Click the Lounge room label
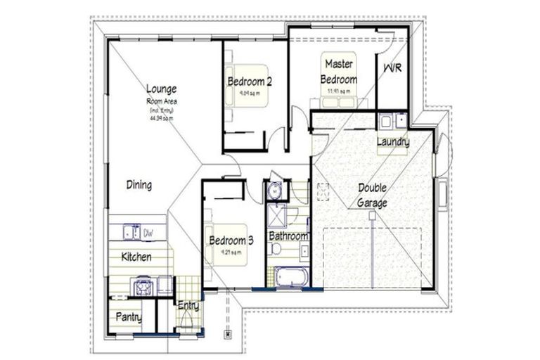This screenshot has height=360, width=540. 161,89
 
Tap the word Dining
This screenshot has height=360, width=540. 139,186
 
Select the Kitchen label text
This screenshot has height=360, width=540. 136,257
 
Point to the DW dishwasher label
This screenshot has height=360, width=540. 148,231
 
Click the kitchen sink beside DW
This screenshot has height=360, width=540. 131,231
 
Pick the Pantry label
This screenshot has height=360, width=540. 128,318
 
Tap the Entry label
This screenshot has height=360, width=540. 188,307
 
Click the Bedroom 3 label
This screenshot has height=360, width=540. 231,240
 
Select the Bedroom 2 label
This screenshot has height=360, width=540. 249,82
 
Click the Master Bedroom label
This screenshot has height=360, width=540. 339,72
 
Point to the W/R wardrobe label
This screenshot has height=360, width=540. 392,68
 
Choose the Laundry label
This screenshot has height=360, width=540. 392,142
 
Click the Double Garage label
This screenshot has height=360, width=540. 372,195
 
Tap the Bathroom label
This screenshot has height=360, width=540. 288,236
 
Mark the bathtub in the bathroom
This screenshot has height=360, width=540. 292,276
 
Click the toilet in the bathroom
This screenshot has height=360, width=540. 276,249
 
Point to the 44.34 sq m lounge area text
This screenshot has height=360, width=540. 161,119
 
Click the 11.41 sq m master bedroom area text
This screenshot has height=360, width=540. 339,91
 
